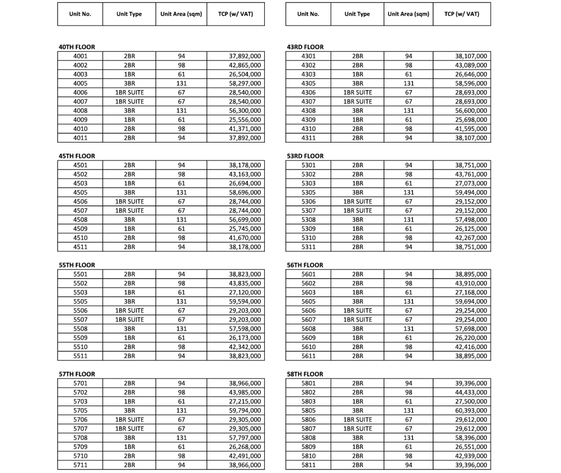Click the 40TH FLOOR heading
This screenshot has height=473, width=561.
point(77,47)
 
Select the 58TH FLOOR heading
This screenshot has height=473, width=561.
point(305,374)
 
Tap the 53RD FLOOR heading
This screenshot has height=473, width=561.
point(305,156)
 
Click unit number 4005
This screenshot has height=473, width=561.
point(80,83)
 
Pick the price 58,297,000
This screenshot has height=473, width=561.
point(245,83)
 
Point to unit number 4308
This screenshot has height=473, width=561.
point(308,111)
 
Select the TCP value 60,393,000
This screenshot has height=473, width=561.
point(471,410)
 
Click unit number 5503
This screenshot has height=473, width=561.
point(80,292)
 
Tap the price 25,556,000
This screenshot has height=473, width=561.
point(245,120)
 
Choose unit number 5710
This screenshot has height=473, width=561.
point(80,456)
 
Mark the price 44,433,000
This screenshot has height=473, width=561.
point(471,392)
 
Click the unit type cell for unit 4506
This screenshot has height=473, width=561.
point(129,201)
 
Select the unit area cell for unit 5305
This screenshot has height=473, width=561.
point(409,193)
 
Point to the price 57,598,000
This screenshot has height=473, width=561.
point(245,329)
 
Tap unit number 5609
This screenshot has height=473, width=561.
point(308,338)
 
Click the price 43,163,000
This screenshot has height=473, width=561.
point(245,174)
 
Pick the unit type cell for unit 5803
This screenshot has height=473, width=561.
point(358,401)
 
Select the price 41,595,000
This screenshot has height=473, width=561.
point(471,129)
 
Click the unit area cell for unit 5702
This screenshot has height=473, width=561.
point(182,392)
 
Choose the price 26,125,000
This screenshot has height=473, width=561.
point(471,229)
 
